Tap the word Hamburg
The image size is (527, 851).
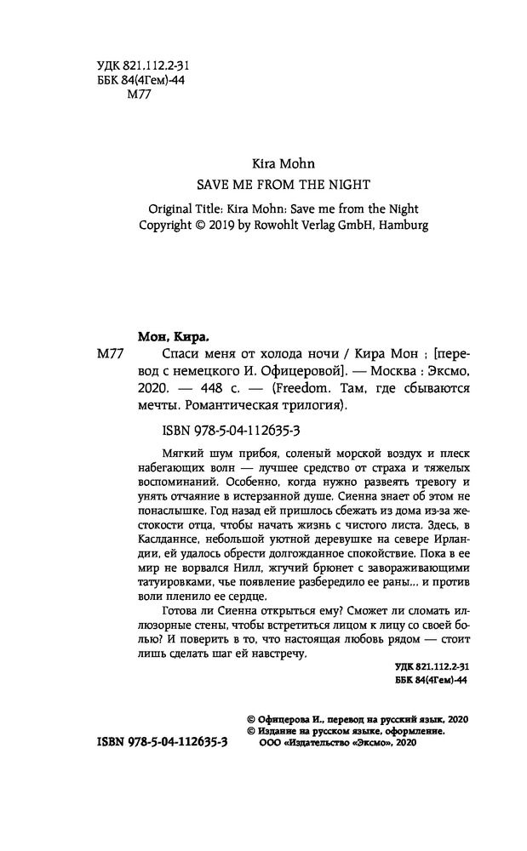tap(403, 226)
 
